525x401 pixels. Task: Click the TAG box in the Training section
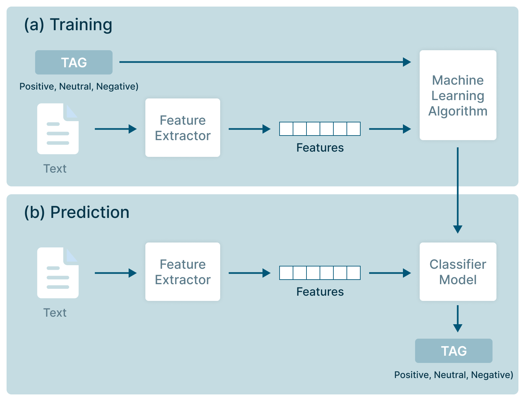click(74, 62)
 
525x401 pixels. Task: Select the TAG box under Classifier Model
click(453, 351)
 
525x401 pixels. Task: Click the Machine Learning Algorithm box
click(458, 95)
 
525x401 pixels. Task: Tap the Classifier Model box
click(458, 272)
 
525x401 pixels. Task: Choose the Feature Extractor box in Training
click(183, 128)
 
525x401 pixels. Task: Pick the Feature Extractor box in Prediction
click(183, 272)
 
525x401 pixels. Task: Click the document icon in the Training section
click(58, 129)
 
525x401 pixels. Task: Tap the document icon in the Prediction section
click(58, 273)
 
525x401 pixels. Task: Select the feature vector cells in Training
click(320, 129)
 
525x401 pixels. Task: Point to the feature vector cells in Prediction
click(320, 273)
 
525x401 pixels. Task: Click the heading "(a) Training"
click(68, 25)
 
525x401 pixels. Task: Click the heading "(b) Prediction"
click(77, 212)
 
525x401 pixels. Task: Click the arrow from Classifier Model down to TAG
click(457, 318)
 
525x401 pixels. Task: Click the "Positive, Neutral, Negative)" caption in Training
click(79, 86)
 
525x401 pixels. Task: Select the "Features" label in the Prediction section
click(320, 292)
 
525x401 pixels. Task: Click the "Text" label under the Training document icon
click(55, 169)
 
